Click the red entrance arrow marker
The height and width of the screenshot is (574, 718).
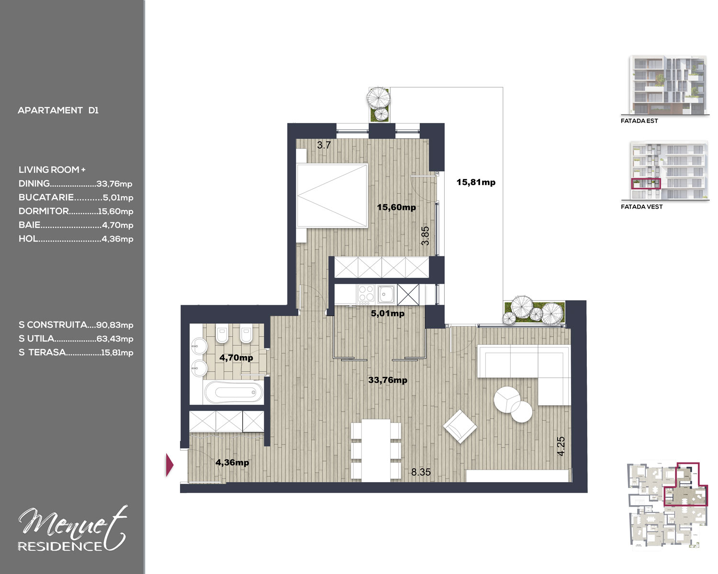pyautogui.click(x=170, y=464)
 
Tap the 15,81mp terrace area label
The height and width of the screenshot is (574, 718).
pyautogui.click(x=476, y=182)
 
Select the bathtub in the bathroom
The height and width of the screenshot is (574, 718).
pyautogui.click(x=234, y=392)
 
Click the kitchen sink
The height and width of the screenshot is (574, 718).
pyautogui.click(x=386, y=294)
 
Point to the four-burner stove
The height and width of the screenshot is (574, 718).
pyautogui.click(x=366, y=294)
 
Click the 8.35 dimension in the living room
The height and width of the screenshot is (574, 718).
pyautogui.click(x=421, y=472)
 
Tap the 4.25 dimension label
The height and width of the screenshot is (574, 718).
pyautogui.click(x=561, y=446)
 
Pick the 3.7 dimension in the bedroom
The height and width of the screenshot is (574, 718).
pyautogui.click(x=324, y=145)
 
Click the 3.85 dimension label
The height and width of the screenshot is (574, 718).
pyautogui.click(x=425, y=236)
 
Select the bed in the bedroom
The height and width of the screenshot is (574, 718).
pyautogui.click(x=332, y=196)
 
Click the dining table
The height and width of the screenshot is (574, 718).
pyautogui.click(x=376, y=450)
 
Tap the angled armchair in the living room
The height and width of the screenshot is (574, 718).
pyautogui.click(x=460, y=427)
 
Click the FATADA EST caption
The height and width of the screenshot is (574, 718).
pyautogui.click(x=639, y=121)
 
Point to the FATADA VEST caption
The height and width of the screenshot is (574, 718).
pyautogui.click(x=641, y=207)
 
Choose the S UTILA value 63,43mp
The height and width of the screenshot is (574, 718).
pyautogui.click(x=115, y=339)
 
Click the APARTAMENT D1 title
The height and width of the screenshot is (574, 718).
pyautogui.click(x=58, y=110)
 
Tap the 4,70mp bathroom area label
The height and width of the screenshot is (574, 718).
pyautogui.click(x=236, y=357)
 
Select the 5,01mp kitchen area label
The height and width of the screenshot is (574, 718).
pyautogui.click(x=387, y=313)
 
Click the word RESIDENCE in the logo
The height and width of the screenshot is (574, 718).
pyautogui.click(x=60, y=546)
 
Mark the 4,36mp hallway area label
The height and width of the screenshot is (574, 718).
pyautogui.click(x=232, y=463)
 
